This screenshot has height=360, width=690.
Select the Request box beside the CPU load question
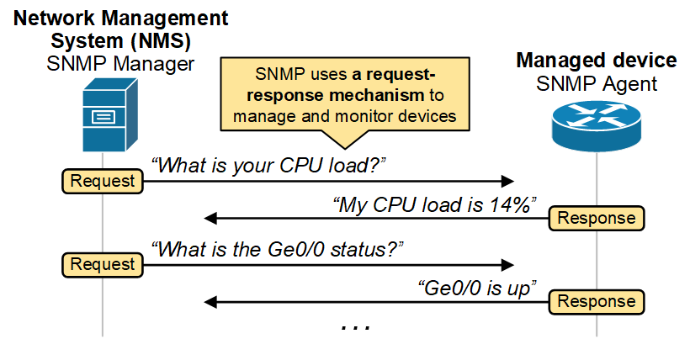pyautogui.click(x=102, y=180)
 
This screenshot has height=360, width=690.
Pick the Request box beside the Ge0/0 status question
pyautogui.click(x=102, y=264)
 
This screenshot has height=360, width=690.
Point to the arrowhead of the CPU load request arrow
pyautogui.click(x=507, y=181)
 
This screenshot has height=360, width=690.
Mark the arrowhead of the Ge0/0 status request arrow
pyautogui.click(x=507, y=264)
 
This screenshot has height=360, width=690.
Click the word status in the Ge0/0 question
pyautogui.click(x=364, y=249)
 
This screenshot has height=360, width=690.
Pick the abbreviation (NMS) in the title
pyautogui.click(x=158, y=40)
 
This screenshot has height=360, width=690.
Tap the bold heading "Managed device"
pyautogui.click(x=596, y=61)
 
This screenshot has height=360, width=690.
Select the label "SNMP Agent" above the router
pyautogui.click(x=596, y=83)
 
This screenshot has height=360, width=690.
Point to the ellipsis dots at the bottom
pyautogui.click(x=355, y=325)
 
